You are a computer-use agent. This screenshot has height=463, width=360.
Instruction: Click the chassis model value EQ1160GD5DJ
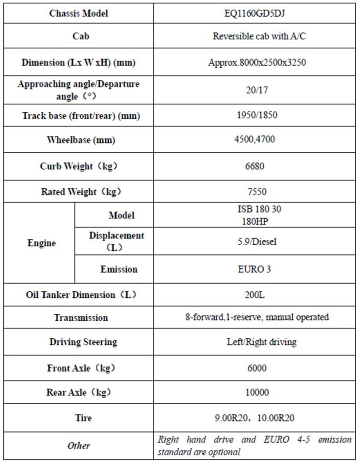tap(257, 14)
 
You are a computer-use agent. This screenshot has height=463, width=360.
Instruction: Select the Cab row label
tap(80, 36)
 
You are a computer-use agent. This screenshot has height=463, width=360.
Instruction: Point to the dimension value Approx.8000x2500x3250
tap(257, 62)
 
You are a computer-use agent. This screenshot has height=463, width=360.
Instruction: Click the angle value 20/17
tap(257, 90)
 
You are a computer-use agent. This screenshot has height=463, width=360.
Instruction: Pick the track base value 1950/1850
tap(257, 116)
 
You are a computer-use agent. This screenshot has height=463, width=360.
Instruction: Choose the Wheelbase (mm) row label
tap(80, 141)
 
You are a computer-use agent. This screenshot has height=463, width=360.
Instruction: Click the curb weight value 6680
tap(257, 166)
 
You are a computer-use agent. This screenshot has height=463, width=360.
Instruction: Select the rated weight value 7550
tap(257, 192)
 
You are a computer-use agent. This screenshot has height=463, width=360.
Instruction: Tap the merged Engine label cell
tap(42, 243)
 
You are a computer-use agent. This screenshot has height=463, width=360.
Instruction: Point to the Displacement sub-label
tap(116, 241)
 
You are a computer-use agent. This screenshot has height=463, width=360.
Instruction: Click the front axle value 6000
tap(257, 368)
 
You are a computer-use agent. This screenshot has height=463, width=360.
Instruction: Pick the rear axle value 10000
tap(257, 392)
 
